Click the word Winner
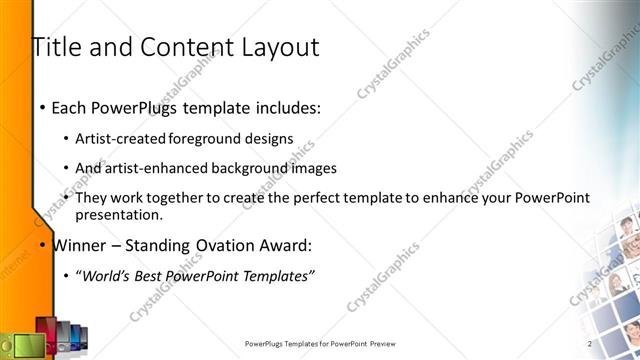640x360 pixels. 78,245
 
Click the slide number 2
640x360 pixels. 589,344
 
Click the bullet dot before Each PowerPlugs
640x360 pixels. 41,107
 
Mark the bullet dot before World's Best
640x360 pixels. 66,276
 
